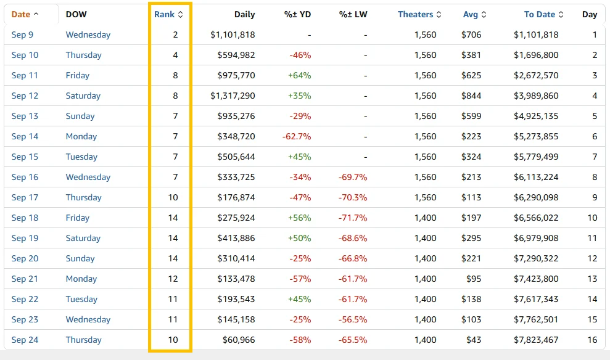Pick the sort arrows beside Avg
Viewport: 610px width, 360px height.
(x=484, y=14)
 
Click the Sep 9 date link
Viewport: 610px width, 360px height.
(x=22, y=35)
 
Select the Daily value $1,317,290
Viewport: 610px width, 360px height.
(x=233, y=96)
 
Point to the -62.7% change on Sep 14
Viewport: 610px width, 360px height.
(x=297, y=136)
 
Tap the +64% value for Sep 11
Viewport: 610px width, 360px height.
(x=299, y=75)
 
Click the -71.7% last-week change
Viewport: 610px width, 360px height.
(x=352, y=218)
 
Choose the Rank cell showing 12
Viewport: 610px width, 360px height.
(x=173, y=279)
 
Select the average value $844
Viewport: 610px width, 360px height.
(x=471, y=96)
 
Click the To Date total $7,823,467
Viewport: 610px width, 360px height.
(x=536, y=340)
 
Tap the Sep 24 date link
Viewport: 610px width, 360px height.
(x=25, y=340)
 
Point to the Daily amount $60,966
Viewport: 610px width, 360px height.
(x=239, y=340)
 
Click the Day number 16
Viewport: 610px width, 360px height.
(x=592, y=340)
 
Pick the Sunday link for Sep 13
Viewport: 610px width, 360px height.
(x=80, y=116)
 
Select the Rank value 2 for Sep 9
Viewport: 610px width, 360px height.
(x=175, y=35)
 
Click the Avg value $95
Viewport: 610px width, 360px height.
(x=474, y=279)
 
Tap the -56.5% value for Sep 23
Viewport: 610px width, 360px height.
(x=352, y=319)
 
